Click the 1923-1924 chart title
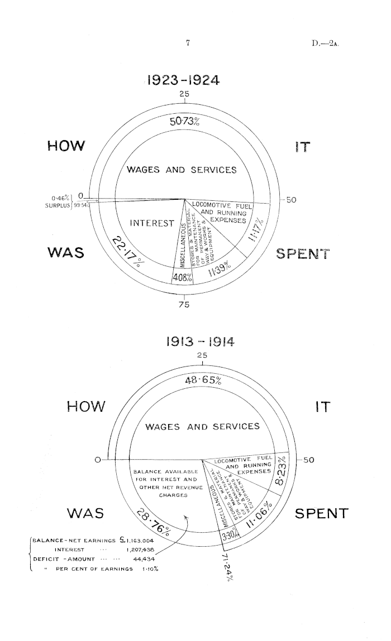pos(184,80)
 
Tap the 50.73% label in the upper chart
pos(184,122)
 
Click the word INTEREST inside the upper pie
pos(150,224)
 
